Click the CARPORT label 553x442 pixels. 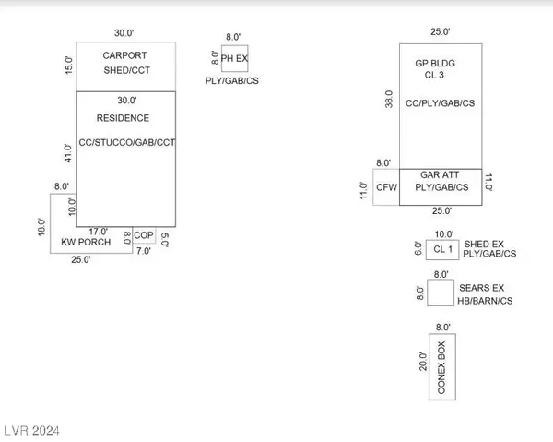point(124,54)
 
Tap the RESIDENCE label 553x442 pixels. point(123,118)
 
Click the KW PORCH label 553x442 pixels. point(85,243)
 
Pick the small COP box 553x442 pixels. point(144,235)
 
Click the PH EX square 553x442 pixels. point(235,61)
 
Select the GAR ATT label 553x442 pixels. point(441,174)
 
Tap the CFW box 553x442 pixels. point(386,187)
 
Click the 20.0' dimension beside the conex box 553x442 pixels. point(422,362)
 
